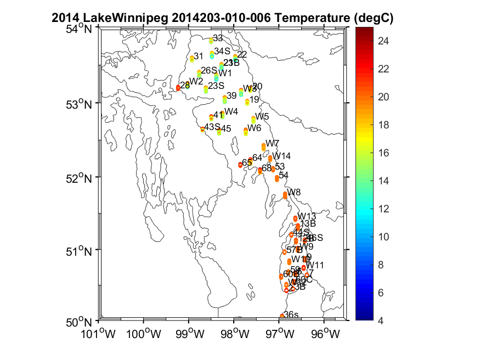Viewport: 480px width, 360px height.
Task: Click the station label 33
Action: coord(218,38)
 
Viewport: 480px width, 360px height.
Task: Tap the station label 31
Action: coord(199,56)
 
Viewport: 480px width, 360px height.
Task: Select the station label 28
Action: coord(185,85)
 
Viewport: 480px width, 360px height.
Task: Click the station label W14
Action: coord(282,156)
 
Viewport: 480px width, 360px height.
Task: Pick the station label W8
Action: coord(295,192)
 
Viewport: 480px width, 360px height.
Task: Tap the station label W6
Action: coord(254,128)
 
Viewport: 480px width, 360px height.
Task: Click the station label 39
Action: coord(231,95)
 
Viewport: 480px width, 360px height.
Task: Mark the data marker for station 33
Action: coord(211,40)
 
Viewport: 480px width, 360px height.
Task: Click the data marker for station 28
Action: coord(178,87)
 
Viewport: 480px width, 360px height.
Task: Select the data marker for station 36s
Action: coord(282,316)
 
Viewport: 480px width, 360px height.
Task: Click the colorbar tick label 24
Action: coord(384,40)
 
